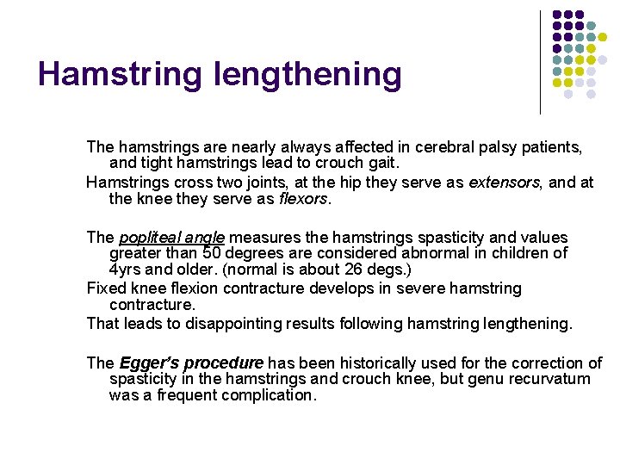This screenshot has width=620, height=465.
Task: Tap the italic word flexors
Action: point(304,199)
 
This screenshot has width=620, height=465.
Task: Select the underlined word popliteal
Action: point(148,237)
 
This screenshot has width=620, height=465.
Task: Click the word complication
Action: point(269,396)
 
